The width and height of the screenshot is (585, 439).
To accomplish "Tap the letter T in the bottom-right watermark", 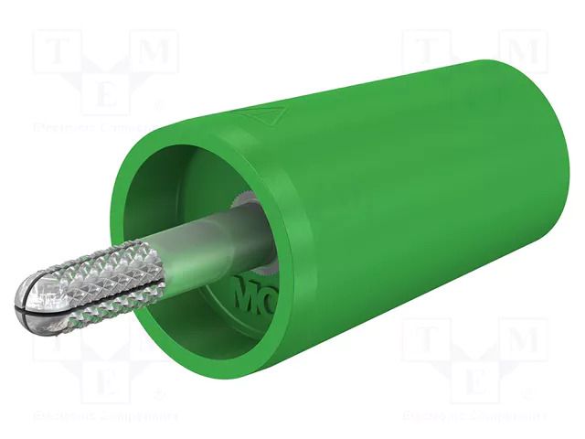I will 423,340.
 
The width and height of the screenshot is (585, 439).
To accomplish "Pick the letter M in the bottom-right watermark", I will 522,339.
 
